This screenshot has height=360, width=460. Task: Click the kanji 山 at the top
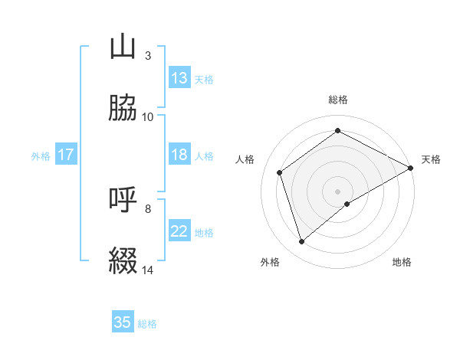123,47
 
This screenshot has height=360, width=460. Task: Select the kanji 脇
123,108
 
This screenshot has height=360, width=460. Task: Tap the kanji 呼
123,200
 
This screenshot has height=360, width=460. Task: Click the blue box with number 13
179,78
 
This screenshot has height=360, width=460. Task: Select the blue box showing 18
179,155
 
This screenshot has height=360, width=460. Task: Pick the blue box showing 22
179,231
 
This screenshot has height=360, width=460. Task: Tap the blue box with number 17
66,155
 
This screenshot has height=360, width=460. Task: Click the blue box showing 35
123,322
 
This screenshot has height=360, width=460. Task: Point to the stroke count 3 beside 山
147,56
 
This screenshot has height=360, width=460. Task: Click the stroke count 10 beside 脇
148,116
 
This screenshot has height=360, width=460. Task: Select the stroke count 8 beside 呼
147,208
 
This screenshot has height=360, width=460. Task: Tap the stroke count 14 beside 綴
148,270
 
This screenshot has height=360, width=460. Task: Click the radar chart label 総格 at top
338,100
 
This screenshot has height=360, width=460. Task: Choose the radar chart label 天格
431,159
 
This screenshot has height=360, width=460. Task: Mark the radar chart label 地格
402,262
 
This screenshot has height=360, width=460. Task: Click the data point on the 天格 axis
412,168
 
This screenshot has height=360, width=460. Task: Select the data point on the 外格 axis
302,242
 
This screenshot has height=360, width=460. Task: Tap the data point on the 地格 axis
347,204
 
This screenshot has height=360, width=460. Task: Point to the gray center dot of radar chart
338,191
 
